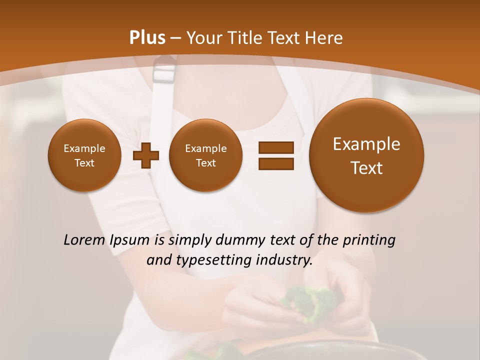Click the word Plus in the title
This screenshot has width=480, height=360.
[x=147, y=38]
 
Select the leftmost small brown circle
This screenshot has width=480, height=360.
[x=84, y=155]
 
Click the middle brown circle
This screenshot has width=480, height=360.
[x=205, y=155]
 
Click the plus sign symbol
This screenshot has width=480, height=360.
[x=145, y=155]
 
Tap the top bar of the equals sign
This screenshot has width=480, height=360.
[x=275, y=147]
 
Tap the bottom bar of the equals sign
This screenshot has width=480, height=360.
[x=275, y=164]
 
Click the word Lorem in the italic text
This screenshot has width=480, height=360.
[x=84, y=240]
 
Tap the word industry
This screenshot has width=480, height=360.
[x=284, y=260]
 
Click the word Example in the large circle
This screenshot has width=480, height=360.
[x=366, y=144]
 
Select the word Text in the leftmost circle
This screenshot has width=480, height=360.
[x=84, y=163]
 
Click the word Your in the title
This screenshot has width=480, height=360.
[x=203, y=38]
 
